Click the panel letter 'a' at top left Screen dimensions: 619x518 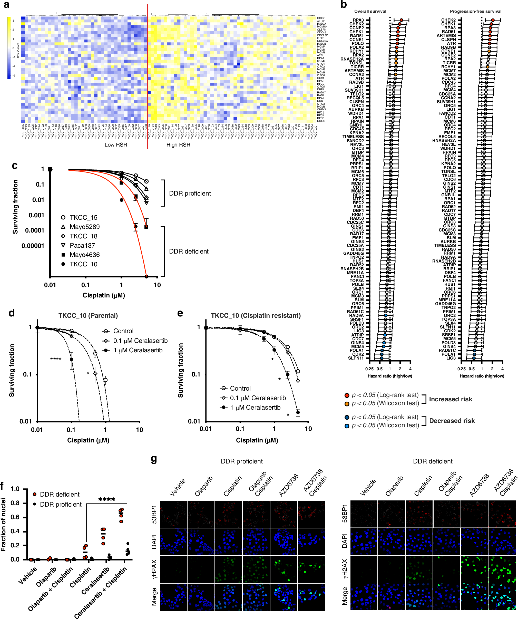click(6, 5)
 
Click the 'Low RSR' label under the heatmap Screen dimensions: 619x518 click(116, 145)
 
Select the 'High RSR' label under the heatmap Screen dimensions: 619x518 click(178, 145)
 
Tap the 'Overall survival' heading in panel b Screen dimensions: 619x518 click(370, 12)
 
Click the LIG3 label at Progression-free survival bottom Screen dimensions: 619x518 click(451, 358)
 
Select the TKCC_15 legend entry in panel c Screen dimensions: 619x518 click(83, 218)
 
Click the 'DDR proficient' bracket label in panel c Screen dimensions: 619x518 click(190, 193)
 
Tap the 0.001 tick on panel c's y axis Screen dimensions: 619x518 click(36, 215)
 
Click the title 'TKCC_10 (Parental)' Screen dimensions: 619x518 click(88, 315)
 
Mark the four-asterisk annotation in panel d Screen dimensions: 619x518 click(56, 359)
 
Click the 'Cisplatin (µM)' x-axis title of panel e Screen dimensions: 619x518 click(257, 440)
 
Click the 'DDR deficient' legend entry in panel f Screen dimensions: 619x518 click(60, 494)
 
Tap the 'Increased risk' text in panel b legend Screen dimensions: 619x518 click(450, 399)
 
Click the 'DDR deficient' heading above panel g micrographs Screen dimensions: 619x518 click(432, 461)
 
